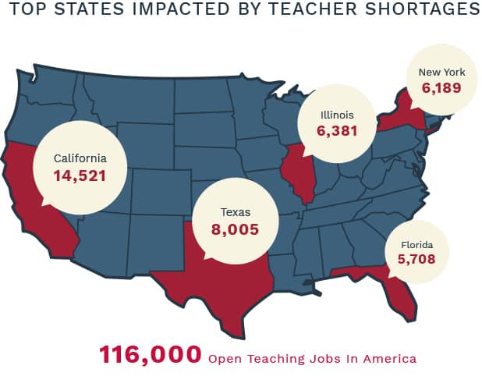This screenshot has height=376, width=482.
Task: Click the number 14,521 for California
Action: [80, 176]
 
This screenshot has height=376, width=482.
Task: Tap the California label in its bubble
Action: [80, 158]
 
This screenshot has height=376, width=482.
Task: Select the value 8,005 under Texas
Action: [234, 229]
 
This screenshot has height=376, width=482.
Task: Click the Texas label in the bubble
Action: [235, 211]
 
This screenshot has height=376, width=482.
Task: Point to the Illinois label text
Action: [337, 115]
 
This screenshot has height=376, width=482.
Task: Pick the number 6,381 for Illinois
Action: [337, 131]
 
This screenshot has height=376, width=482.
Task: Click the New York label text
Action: [441, 73]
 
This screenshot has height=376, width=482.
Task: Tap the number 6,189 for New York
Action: [442, 88]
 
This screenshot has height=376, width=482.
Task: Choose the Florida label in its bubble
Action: [416, 245]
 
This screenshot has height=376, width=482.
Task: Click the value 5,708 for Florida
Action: [416, 260]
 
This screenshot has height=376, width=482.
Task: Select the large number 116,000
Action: [150, 355]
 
